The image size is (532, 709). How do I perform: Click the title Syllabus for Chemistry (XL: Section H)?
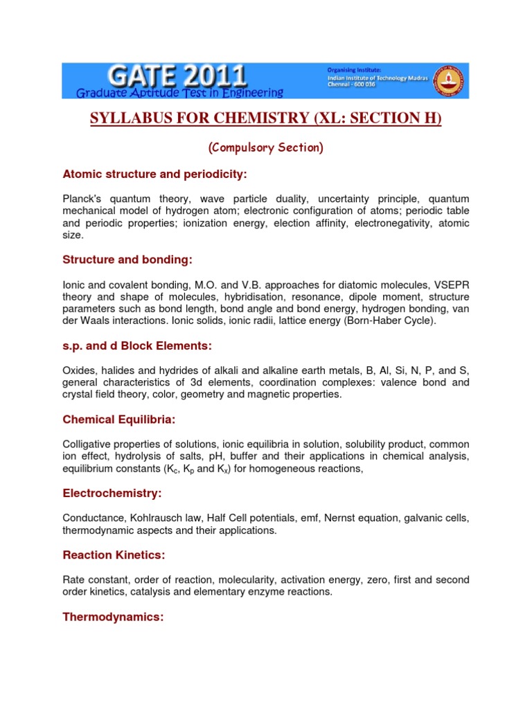coord(266,119)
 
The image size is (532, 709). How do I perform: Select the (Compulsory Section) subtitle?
coord(266,147)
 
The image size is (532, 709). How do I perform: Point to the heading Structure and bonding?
coord(127,260)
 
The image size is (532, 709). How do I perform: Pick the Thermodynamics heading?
coord(113,617)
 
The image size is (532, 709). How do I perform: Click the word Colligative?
coord(88,444)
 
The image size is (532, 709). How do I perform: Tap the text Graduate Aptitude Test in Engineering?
coord(179,92)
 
